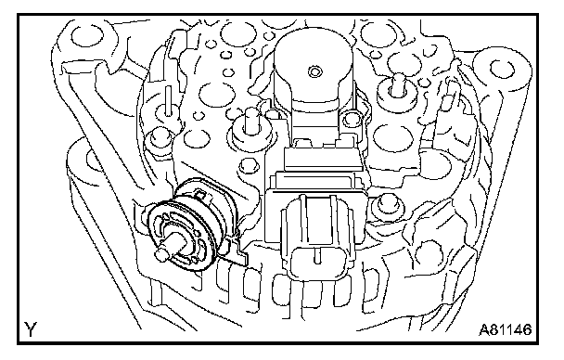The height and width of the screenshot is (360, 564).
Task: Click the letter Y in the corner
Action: [31, 329]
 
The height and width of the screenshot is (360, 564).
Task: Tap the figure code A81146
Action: [506, 329]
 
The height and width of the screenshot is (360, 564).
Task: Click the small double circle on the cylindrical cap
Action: [315, 72]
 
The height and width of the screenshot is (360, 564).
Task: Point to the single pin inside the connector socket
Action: [317, 255]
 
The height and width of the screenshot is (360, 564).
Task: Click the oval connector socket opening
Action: [317, 262]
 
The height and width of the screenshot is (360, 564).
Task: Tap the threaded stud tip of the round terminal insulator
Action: [161, 254]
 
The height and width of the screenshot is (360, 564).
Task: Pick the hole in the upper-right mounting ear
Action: [503, 70]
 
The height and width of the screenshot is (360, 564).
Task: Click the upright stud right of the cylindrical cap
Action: [397, 87]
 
